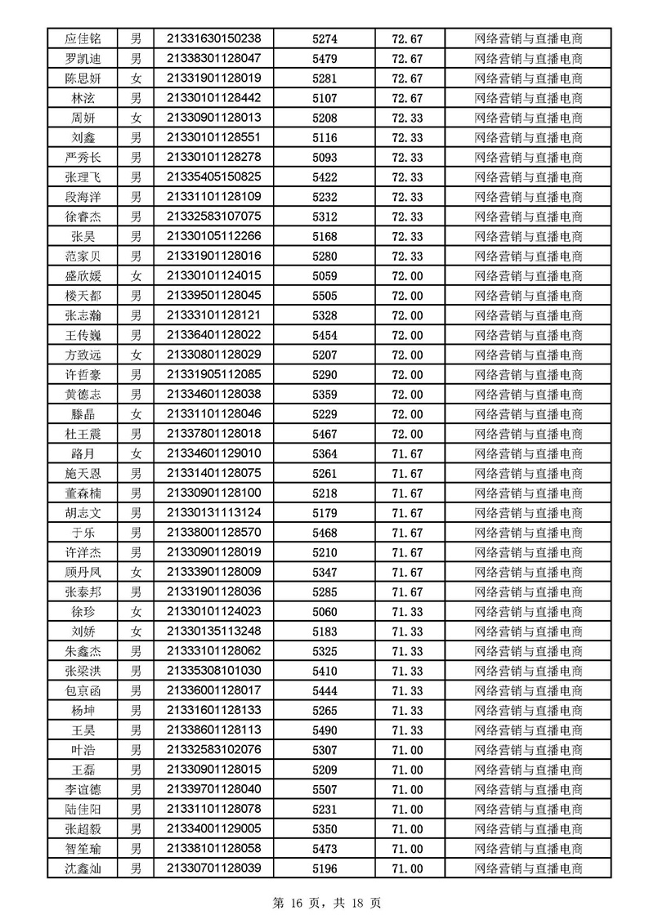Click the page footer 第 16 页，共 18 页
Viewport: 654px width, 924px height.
(x=326, y=903)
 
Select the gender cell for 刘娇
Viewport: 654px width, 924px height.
(x=137, y=632)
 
